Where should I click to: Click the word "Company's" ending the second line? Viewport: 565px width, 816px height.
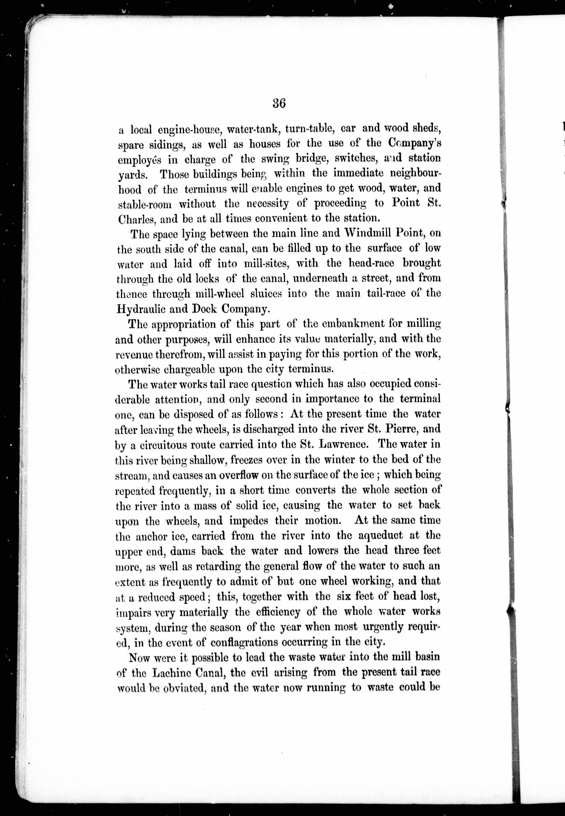[414, 144]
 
